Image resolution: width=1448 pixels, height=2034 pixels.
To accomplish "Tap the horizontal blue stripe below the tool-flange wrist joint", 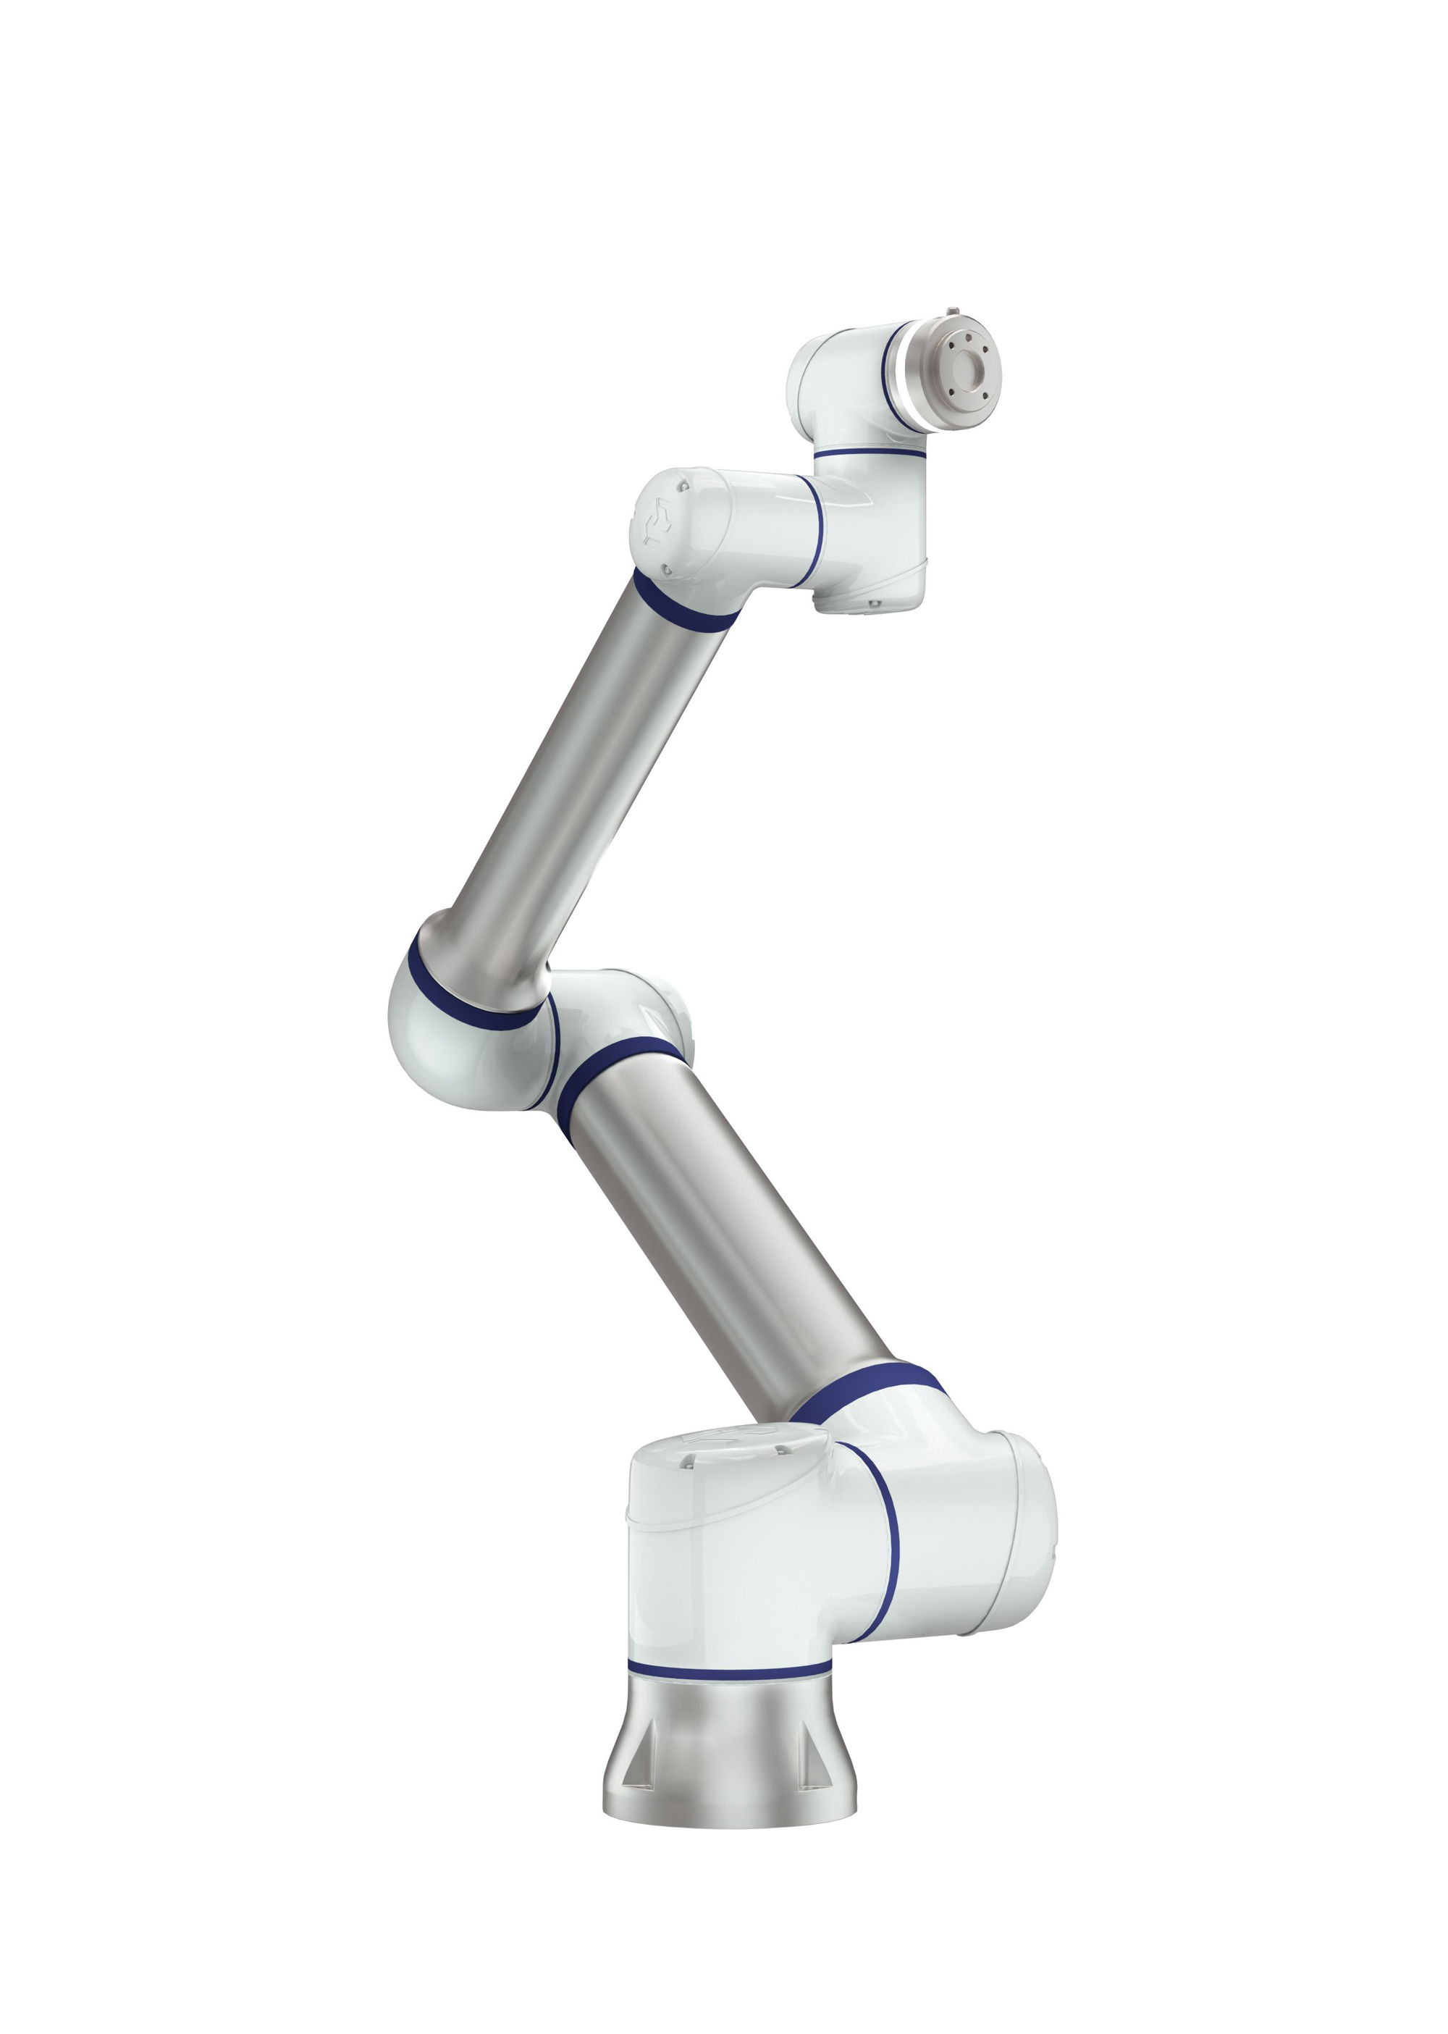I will [x=870, y=453].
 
